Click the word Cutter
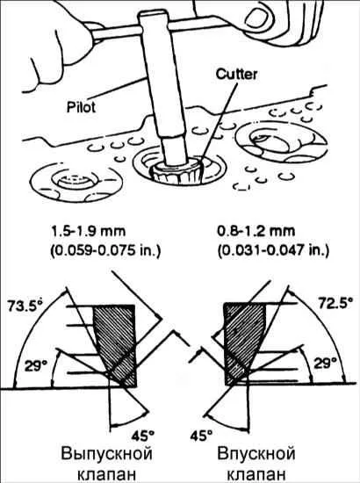pos(236,75)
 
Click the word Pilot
pos(82,107)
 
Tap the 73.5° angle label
pos(25,306)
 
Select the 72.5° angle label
pos(335,304)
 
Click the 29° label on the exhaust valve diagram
pos(36,366)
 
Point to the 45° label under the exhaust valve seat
pos(143,436)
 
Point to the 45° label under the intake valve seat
pos(201,436)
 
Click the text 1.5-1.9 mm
pos(89,231)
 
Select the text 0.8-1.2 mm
pos(256,231)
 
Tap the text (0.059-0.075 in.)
pos(105,251)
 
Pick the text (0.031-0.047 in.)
pos(273,251)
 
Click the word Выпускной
pos(106,454)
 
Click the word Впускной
pos(256,454)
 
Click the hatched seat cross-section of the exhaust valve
pos(116,345)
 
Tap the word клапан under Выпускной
pos(106,474)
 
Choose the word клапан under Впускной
pos(256,474)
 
